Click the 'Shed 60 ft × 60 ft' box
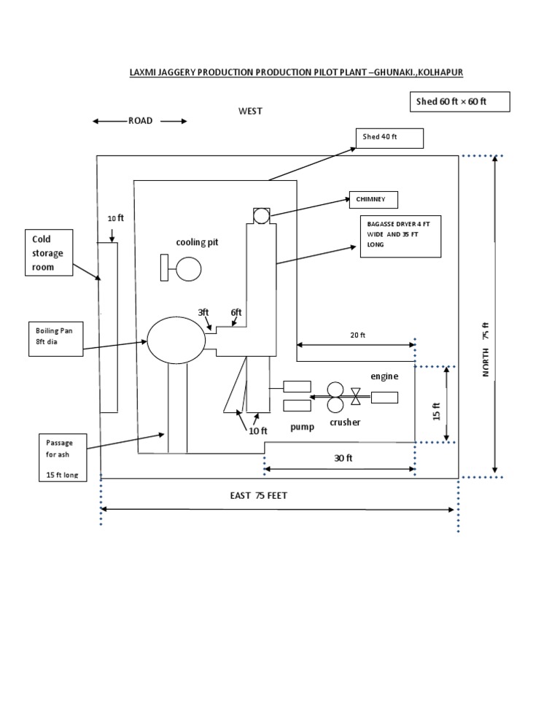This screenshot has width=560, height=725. (x=459, y=102)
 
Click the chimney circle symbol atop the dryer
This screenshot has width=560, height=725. (x=261, y=215)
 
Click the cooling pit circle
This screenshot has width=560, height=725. (x=189, y=269)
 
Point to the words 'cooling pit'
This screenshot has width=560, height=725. (x=196, y=242)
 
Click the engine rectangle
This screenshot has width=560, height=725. (x=384, y=398)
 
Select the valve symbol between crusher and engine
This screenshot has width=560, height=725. (x=355, y=397)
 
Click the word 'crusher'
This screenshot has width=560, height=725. (x=345, y=422)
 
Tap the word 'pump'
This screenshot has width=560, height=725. (x=302, y=427)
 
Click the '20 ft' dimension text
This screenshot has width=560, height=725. (x=357, y=335)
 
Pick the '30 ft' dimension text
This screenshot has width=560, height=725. (x=343, y=458)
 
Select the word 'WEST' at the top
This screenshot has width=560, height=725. (x=250, y=111)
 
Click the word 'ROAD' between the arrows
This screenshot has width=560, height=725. (x=141, y=121)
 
